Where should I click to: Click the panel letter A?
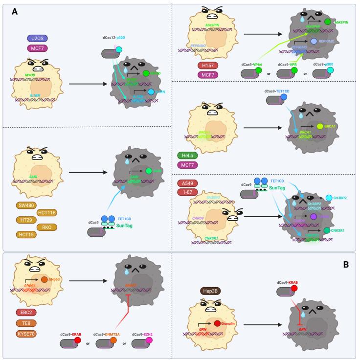coord(15,12)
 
